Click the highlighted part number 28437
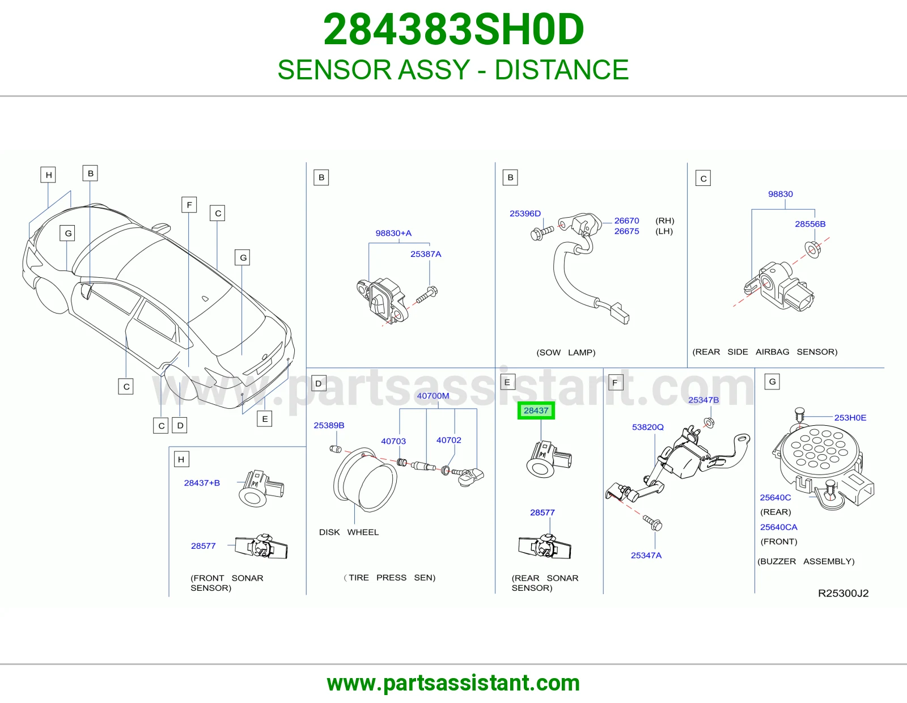(536, 410)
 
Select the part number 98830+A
(393, 233)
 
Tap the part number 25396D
(525, 213)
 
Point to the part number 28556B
(809, 224)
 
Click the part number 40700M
(433, 395)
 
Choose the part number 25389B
(329, 425)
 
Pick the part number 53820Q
(647, 427)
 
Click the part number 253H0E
(850, 417)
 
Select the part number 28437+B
(202, 482)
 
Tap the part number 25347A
(646, 555)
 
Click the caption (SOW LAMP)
(566, 352)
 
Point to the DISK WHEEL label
(349, 532)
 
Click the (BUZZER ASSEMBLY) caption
(806, 561)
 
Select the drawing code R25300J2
(843, 593)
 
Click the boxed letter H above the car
(48, 175)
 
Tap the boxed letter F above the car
(189, 205)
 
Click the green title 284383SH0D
(453, 29)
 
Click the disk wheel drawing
(365, 480)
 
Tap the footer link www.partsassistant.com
(453, 683)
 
